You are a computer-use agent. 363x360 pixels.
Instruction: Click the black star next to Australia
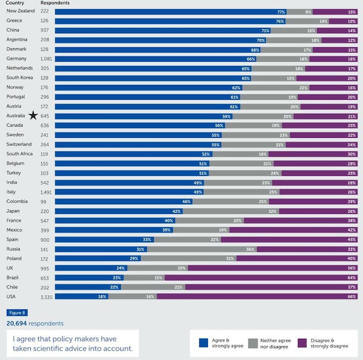tap(33, 116)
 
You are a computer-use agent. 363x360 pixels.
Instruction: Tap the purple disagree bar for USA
tap(255, 296)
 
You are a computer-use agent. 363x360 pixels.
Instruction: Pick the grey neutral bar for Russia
tap(201, 249)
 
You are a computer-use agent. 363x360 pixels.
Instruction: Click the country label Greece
tap(14, 21)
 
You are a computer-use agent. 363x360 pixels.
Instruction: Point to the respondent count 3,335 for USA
tap(47, 296)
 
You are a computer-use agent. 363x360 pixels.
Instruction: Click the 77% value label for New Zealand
tap(281, 12)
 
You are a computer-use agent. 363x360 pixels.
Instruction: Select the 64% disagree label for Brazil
tap(352, 278)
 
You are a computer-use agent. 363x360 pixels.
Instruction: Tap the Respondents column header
tap(55, 3)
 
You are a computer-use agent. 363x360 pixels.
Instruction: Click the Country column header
tap(15, 3)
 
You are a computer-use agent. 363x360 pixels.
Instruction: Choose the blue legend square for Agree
tap(204, 343)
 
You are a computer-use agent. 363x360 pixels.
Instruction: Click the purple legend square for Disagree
tap(302, 343)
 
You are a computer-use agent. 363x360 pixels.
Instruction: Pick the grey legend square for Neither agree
tap(253, 343)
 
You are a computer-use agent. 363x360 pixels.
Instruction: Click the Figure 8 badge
tap(17, 313)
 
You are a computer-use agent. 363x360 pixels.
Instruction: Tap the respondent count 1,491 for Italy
tap(47, 192)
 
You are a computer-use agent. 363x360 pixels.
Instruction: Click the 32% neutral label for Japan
tap(272, 211)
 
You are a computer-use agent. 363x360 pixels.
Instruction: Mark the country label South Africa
tap(19, 154)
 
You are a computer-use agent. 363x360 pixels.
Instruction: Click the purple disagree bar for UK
tap(272, 268)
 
